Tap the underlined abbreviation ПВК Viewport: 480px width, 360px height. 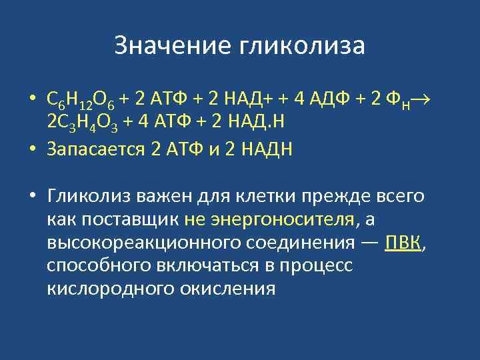coord(403,242)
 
